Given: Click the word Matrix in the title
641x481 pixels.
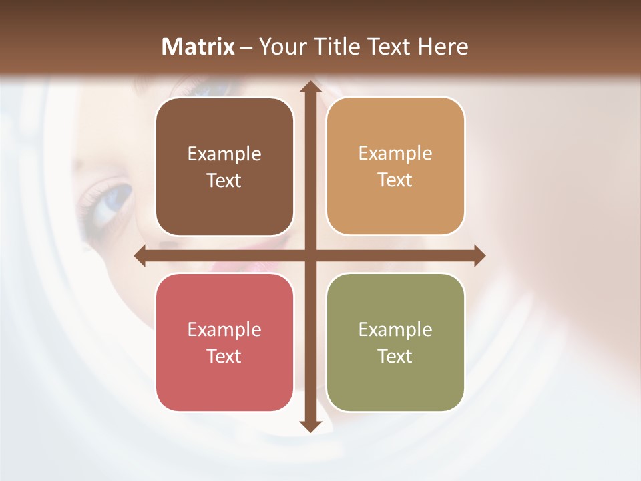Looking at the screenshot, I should coord(198,47).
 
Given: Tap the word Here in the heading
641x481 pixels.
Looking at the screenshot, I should coord(443,47).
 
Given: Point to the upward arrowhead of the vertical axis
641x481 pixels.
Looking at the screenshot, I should coord(309,87).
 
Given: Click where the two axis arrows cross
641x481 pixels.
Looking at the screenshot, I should coord(309,255).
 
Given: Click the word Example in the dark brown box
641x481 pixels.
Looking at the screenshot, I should coord(224,154).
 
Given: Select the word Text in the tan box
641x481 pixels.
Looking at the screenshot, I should coord(395,180).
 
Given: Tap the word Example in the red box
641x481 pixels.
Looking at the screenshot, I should coord(224,330).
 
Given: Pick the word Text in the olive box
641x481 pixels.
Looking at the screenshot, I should coord(395,356).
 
